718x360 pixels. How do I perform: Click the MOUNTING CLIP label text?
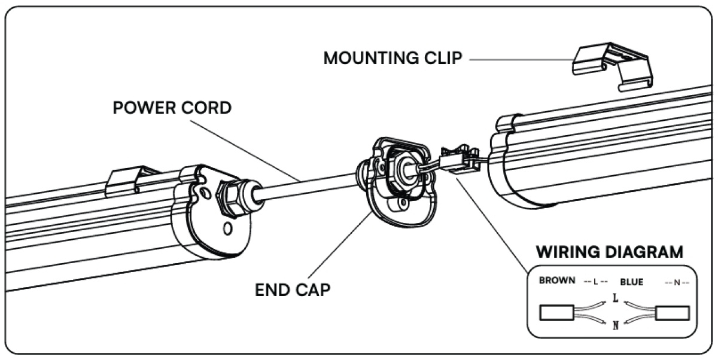click(x=393, y=58)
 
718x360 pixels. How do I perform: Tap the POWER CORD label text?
click(x=172, y=108)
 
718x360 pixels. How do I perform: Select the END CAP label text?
click(x=293, y=290)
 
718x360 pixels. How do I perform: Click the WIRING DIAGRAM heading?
click(x=610, y=252)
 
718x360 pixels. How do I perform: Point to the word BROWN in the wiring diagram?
click(x=557, y=280)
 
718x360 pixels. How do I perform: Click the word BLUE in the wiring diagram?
click(x=632, y=282)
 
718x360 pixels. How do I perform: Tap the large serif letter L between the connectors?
click(x=615, y=298)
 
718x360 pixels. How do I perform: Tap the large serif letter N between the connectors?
click(x=616, y=325)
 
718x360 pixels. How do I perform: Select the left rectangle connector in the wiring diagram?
click(x=557, y=313)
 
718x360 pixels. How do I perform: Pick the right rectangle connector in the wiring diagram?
click(x=673, y=313)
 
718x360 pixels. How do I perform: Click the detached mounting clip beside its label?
click(x=612, y=66)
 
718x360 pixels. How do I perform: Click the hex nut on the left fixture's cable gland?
click(x=228, y=199)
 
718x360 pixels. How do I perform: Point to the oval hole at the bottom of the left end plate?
click(x=227, y=228)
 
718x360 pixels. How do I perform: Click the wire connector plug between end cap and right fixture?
click(x=460, y=160)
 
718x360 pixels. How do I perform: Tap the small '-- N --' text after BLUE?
click(x=677, y=282)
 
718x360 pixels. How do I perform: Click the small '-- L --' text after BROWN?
click(x=595, y=282)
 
